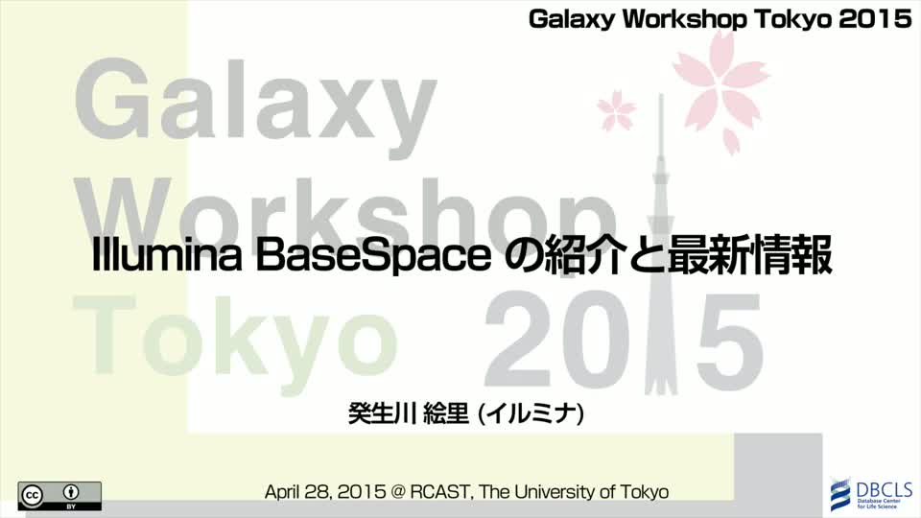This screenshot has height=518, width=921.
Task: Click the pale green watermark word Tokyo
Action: (235, 335)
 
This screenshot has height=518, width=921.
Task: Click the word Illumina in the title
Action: (167, 255)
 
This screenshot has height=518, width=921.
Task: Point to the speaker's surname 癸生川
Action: (382, 413)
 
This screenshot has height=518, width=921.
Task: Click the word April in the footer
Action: (284, 492)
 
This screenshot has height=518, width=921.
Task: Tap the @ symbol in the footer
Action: (397, 491)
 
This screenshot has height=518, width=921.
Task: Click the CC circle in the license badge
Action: (32, 496)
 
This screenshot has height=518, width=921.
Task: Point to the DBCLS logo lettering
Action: (884, 489)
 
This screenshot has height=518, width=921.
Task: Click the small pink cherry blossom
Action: (616, 109)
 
